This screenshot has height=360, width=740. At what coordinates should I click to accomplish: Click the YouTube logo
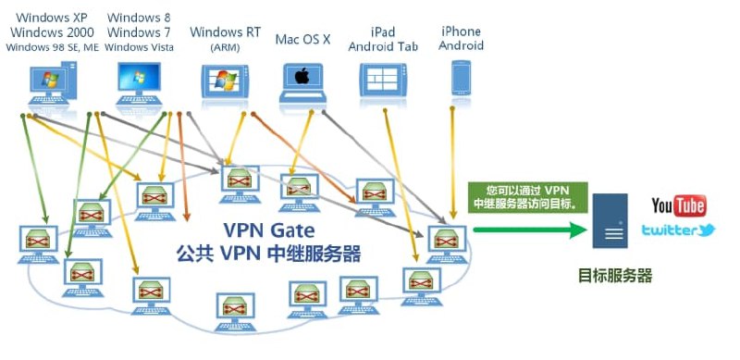(x=678, y=205)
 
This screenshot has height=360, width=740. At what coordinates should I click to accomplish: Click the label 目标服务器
(x=615, y=276)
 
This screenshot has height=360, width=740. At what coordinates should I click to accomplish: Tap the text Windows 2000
(x=52, y=32)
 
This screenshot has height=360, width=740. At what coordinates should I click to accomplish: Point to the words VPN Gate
(x=268, y=230)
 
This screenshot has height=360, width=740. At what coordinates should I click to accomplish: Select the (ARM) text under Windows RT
(x=225, y=47)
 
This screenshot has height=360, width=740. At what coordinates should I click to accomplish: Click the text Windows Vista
(x=140, y=47)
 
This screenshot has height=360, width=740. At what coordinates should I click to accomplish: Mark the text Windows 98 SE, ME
(x=52, y=47)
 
